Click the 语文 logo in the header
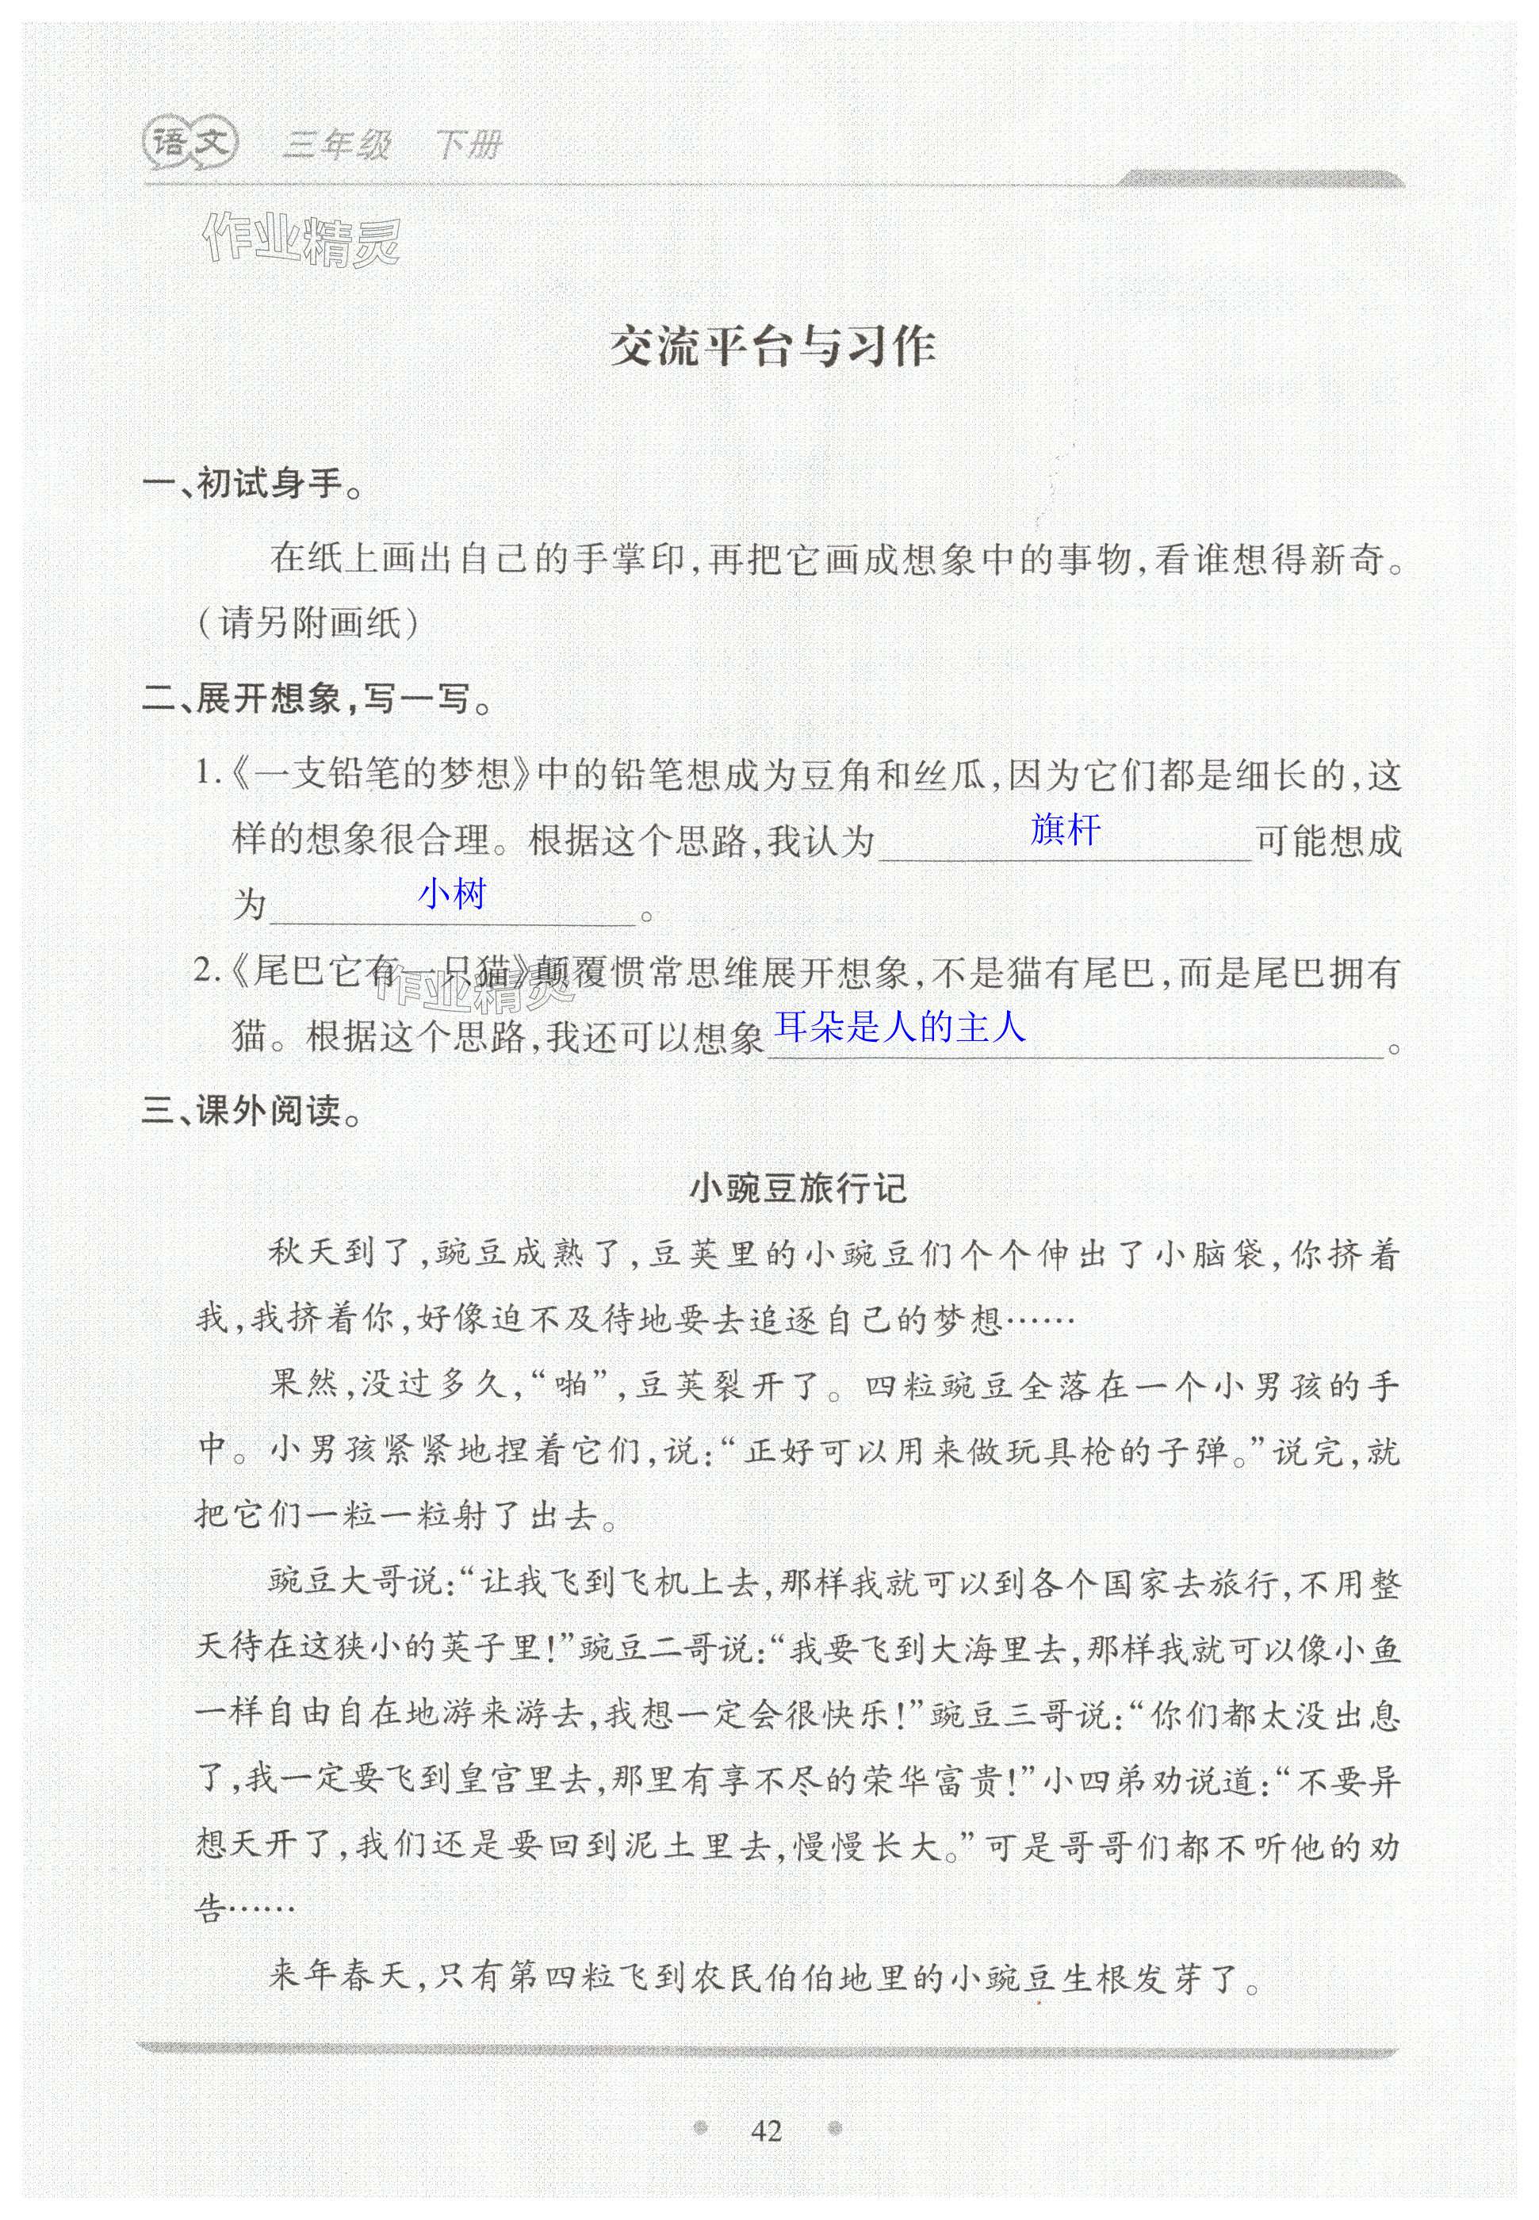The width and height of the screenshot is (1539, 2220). [x=190, y=144]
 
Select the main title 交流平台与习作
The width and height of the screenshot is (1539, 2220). [x=773, y=348]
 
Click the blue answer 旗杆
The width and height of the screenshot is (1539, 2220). [x=1065, y=829]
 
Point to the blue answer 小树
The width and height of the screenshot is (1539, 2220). [x=451, y=894]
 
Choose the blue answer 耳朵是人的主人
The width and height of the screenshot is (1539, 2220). [x=901, y=1028]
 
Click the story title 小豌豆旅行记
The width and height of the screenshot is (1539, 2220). [x=798, y=1188]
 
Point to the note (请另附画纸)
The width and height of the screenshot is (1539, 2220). [x=308, y=625]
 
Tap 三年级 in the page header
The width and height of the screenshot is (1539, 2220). [x=335, y=146]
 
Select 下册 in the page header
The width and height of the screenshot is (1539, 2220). [x=468, y=146]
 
